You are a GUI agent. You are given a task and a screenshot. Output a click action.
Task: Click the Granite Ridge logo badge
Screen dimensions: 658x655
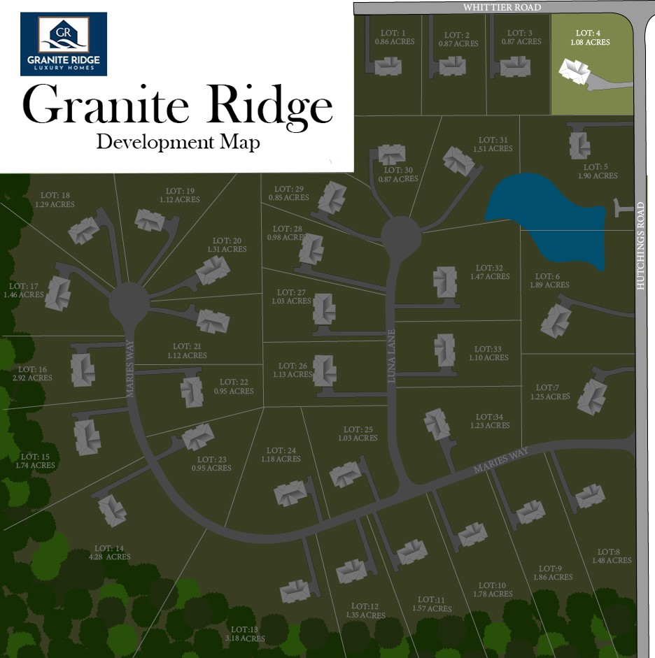(x=64, y=44)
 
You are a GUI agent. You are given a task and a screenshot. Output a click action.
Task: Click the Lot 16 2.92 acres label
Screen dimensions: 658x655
(x=32, y=373)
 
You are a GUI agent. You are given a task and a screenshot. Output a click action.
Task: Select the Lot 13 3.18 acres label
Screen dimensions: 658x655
(x=244, y=634)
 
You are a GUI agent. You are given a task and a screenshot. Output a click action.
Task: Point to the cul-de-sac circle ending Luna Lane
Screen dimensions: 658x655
(x=401, y=236)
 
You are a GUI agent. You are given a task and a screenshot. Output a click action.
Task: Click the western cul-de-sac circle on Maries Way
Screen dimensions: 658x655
(x=129, y=303)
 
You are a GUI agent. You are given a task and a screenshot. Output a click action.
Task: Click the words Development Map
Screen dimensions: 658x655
(x=178, y=142)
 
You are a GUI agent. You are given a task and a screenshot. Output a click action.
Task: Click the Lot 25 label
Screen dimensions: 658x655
(x=358, y=434)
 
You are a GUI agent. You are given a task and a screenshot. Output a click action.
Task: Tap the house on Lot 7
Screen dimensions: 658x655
(x=593, y=396)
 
